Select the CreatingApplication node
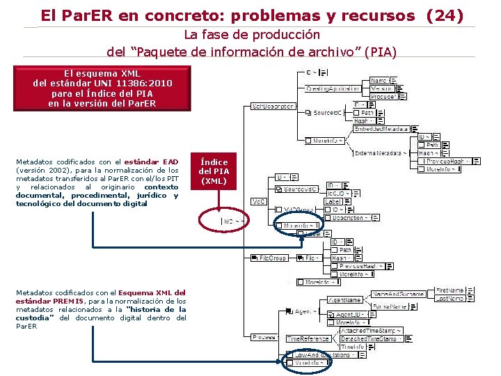tap(333, 88)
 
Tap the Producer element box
tap(382, 97)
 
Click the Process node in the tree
tap(264, 337)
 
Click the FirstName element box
tap(450, 290)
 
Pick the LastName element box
tap(450, 298)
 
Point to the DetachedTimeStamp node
tap(369, 338)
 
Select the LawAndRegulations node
tap(322, 354)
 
